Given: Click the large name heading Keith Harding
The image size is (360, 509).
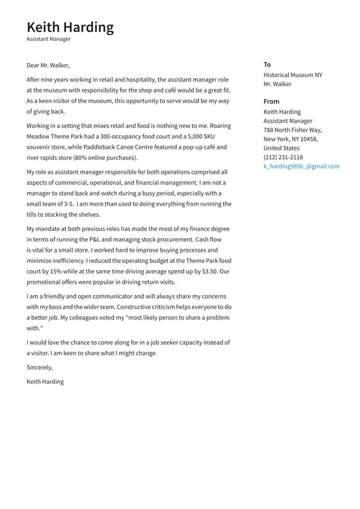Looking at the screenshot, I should (x=70, y=27).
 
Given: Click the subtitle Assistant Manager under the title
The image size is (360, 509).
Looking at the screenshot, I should (x=48, y=39).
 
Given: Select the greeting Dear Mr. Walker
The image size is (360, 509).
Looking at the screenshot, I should (x=48, y=65).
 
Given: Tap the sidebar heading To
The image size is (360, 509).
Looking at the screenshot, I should (x=267, y=65).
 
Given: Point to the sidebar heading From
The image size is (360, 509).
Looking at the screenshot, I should (x=271, y=101).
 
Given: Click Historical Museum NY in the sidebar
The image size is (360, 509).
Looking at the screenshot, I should (x=292, y=75).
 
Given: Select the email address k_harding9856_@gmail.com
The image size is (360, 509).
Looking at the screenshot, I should (x=301, y=166).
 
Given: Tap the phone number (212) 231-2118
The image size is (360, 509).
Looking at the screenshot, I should (x=283, y=157).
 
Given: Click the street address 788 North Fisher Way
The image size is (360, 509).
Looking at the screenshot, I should (x=292, y=130).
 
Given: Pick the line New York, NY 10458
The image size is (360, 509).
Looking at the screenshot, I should (x=290, y=139).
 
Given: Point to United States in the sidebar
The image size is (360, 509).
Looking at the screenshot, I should (x=281, y=148).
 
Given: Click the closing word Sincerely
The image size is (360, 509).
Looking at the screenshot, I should (x=39, y=368).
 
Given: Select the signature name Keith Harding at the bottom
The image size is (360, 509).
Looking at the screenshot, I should (x=45, y=381).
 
